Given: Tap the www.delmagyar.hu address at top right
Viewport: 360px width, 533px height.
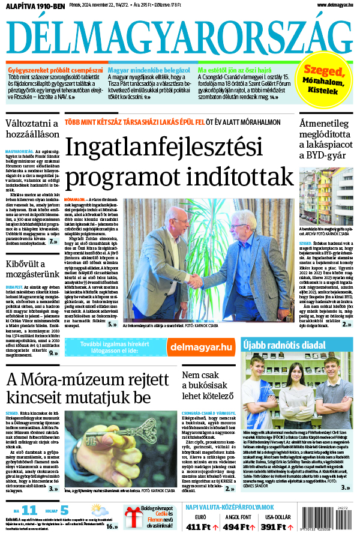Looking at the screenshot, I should (330, 5).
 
